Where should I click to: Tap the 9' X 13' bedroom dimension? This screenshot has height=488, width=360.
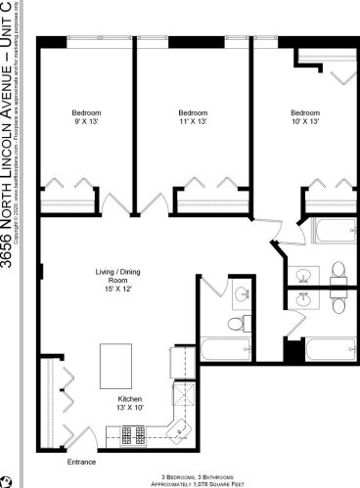tap(87, 121)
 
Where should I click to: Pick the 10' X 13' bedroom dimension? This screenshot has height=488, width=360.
tap(305, 121)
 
